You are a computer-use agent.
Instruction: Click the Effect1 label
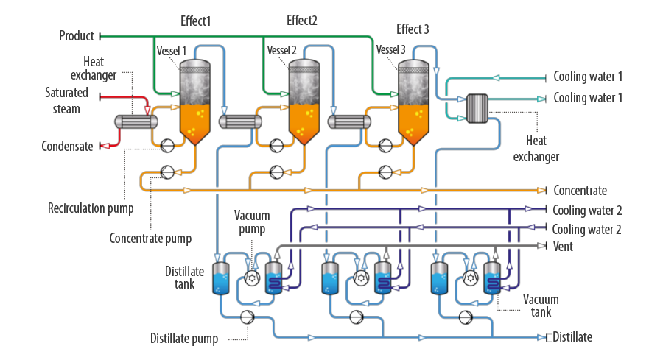pyautogui.click(x=195, y=21)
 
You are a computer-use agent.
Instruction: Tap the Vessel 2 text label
pyautogui.click(x=281, y=51)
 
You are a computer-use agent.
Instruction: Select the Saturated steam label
pyautogui.click(x=66, y=101)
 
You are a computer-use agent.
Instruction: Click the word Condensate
pyautogui.click(x=67, y=147)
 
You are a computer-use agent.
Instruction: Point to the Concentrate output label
pyautogui.click(x=580, y=191)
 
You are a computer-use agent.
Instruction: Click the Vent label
pyautogui.click(x=563, y=247)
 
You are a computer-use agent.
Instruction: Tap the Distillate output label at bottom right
pyautogui.click(x=572, y=337)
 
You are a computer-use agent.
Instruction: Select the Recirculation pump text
pyautogui.click(x=91, y=208)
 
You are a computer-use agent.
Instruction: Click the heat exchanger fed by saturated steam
pyautogui.click(x=136, y=121)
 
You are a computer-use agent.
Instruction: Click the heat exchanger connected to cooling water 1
pyautogui.click(x=477, y=109)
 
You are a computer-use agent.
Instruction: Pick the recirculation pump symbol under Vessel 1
pyautogui.click(x=167, y=146)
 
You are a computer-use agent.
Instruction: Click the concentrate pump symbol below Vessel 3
pyautogui.click(x=385, y=172)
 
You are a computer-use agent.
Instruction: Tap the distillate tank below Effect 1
pyautogui.click(x=221, y=278)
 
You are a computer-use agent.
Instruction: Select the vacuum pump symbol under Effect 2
pyautogui.click(x=361, y=278)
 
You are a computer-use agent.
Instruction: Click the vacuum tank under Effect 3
pyautogui.click(x=492, y=278)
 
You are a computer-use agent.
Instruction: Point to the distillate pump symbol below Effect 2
pyautogui.click(x=356, y=317)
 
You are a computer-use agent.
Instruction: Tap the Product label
pyautogui.click(x=77, y=36)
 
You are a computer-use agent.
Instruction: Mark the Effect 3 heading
pyautogui.click(x=413, y=29)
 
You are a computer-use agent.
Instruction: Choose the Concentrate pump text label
pyautogui.click(x=150, y=239)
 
